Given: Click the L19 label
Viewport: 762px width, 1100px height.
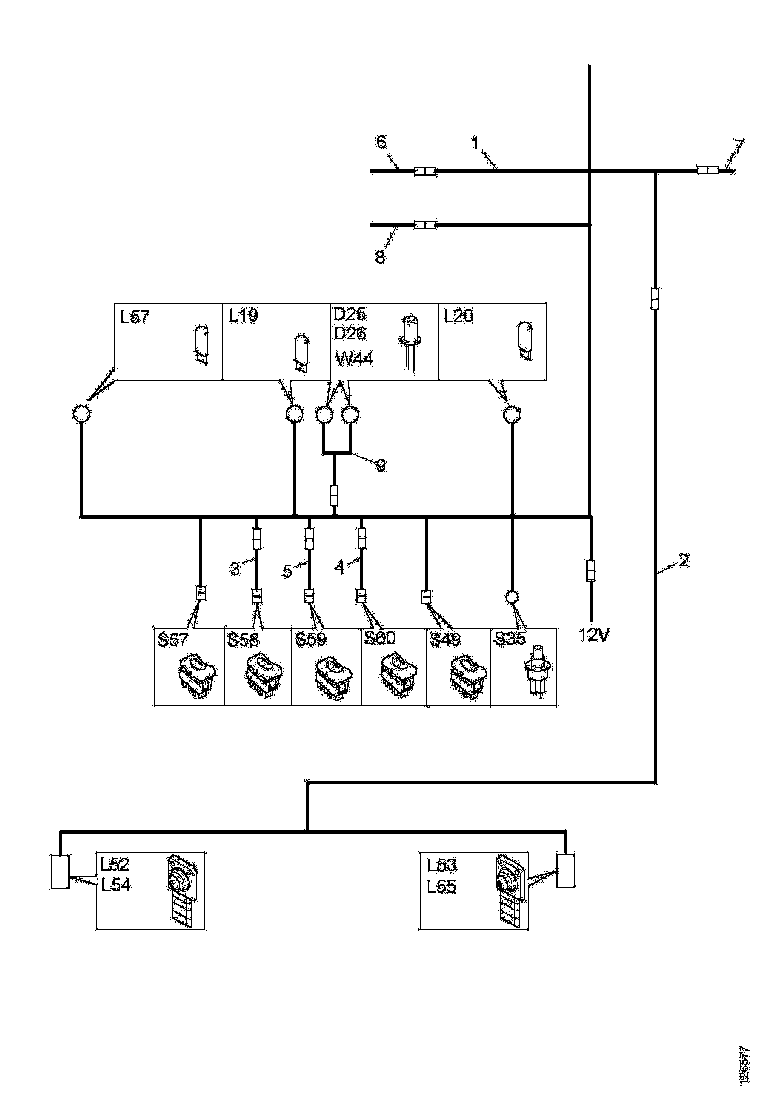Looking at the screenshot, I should click(x=245, y=316).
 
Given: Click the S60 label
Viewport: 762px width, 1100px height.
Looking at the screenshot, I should click(x=380, y=639).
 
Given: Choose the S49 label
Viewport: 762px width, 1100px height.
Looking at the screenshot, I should click(x=445, y=639).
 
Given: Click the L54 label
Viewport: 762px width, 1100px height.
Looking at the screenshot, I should click(x=115, y=883).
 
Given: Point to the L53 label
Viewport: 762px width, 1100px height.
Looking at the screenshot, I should click(x=442, y=864).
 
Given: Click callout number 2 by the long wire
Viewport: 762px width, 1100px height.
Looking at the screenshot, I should click(x=684, y=561).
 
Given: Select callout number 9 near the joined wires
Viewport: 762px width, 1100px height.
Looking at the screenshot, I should click(x=379, y=465).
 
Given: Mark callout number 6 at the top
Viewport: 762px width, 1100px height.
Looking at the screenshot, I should click(x=381, y=143).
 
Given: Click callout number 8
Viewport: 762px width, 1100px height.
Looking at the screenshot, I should click(x=380, y=257).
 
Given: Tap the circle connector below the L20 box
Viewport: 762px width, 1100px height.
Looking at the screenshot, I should click(x=512, y=414).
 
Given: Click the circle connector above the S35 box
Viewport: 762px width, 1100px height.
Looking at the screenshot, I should click(x=512, y=597).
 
